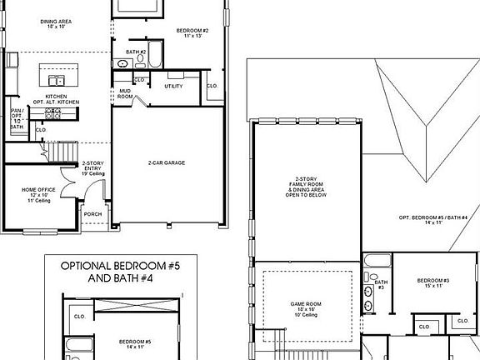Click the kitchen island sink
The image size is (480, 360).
click(57, 81)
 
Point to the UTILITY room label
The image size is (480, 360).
click(173, 86)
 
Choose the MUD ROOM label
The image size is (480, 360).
click(125, 93)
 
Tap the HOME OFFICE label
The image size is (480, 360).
click(40, 194)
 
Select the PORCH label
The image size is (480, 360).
click(92, 213)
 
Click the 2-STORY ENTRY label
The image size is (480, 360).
click(92, 168)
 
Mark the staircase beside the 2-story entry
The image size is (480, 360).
click(57, 152)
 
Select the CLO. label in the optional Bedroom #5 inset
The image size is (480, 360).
click(80, 317)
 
